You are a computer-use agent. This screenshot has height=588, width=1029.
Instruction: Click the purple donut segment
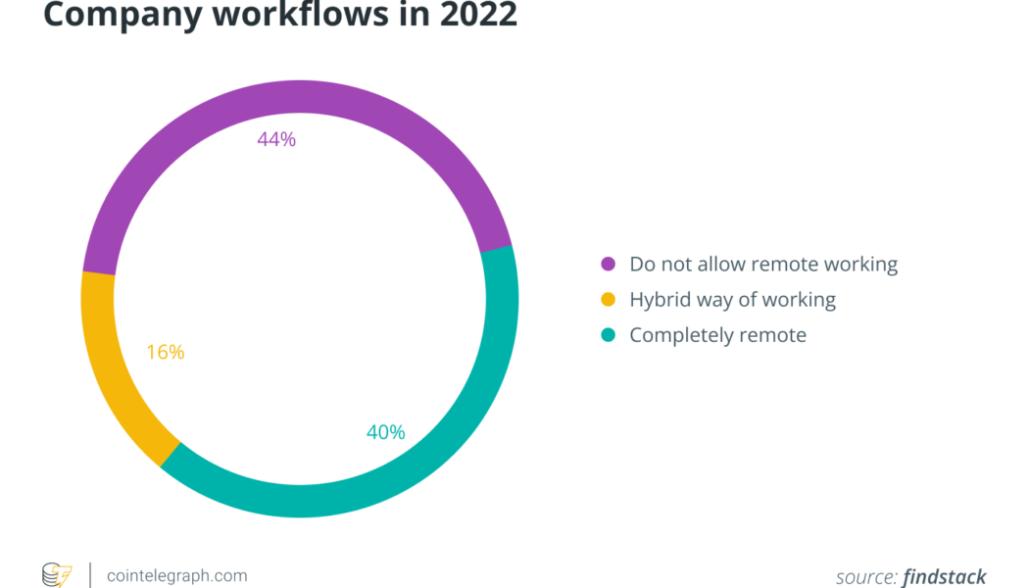point(294,98)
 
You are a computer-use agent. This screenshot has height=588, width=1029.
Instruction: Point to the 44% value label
point(276,139)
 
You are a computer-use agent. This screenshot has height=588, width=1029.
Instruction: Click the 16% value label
point(165,352)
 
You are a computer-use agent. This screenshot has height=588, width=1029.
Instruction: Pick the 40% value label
point(385,432)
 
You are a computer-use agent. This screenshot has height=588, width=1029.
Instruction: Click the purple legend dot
point(608,264)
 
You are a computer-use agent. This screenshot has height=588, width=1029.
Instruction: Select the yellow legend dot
point(608,300)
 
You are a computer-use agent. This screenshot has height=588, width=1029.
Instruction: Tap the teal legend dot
point(608,335)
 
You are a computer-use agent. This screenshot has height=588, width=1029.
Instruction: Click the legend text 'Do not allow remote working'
point(763,264)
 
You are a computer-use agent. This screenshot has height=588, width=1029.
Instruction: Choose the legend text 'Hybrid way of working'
point(732,300)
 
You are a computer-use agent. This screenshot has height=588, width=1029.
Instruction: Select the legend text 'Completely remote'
point(717,335)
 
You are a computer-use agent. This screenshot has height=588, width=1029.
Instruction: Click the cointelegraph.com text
point(176,575)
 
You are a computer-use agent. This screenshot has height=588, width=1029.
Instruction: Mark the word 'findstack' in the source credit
point(945,576)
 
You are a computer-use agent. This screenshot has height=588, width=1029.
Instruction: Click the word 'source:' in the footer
point(866,576)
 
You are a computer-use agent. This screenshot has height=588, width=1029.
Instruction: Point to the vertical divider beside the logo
point(90,575)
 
